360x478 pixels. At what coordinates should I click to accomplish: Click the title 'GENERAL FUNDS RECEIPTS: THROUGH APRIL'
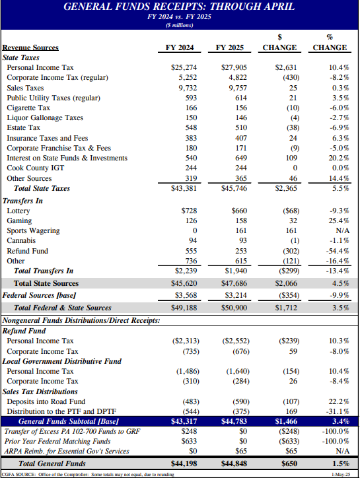(x=179, y=7)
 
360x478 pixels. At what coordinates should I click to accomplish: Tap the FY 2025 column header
(x=231, y=48)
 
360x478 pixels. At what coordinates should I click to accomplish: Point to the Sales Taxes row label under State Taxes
(x=25, y=88)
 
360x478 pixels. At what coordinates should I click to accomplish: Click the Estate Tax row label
(x=23, y=128)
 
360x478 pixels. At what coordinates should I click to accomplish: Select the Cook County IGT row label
(x=32, y=168)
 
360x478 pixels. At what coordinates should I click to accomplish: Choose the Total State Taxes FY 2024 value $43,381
(x=184, y=188)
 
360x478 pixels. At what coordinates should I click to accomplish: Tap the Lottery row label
(x=18, y=211)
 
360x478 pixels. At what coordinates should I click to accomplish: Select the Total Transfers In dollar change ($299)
(x=285, y=271)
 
